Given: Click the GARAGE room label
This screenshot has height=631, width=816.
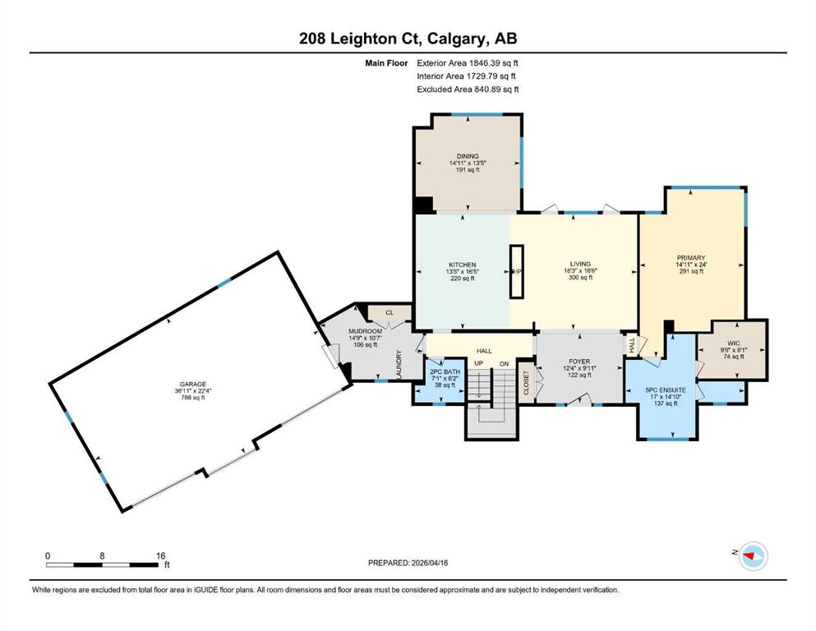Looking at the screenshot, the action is click(193, 385).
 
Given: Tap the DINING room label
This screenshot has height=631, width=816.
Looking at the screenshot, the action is click(468, 156).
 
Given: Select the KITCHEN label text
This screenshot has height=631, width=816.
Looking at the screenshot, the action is click(462, 265).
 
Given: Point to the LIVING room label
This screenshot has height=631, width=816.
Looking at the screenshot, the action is click(580, 264).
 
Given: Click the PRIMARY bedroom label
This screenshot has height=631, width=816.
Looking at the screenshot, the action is click(691, 257).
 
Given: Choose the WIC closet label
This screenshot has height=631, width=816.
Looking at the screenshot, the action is click(734, 343).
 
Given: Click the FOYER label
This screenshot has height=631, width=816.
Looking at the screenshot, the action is click(579, 361).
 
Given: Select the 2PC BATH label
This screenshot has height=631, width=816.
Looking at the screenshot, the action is click(445, 371).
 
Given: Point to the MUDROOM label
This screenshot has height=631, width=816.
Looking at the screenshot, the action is click(366, 331).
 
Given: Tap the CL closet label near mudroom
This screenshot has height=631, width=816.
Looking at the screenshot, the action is click(390, 313).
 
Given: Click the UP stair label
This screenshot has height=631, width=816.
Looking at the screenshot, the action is click(479, 363).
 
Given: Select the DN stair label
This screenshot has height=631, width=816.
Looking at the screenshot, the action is click(504, 364).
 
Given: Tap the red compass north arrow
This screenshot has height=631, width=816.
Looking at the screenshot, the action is click(749, 556).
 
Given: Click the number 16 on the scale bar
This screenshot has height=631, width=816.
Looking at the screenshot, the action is click(160, 555).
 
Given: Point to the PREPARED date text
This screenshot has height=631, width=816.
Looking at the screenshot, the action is click(408, 562).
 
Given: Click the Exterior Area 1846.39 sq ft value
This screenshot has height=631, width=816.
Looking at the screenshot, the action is click(468, 63).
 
